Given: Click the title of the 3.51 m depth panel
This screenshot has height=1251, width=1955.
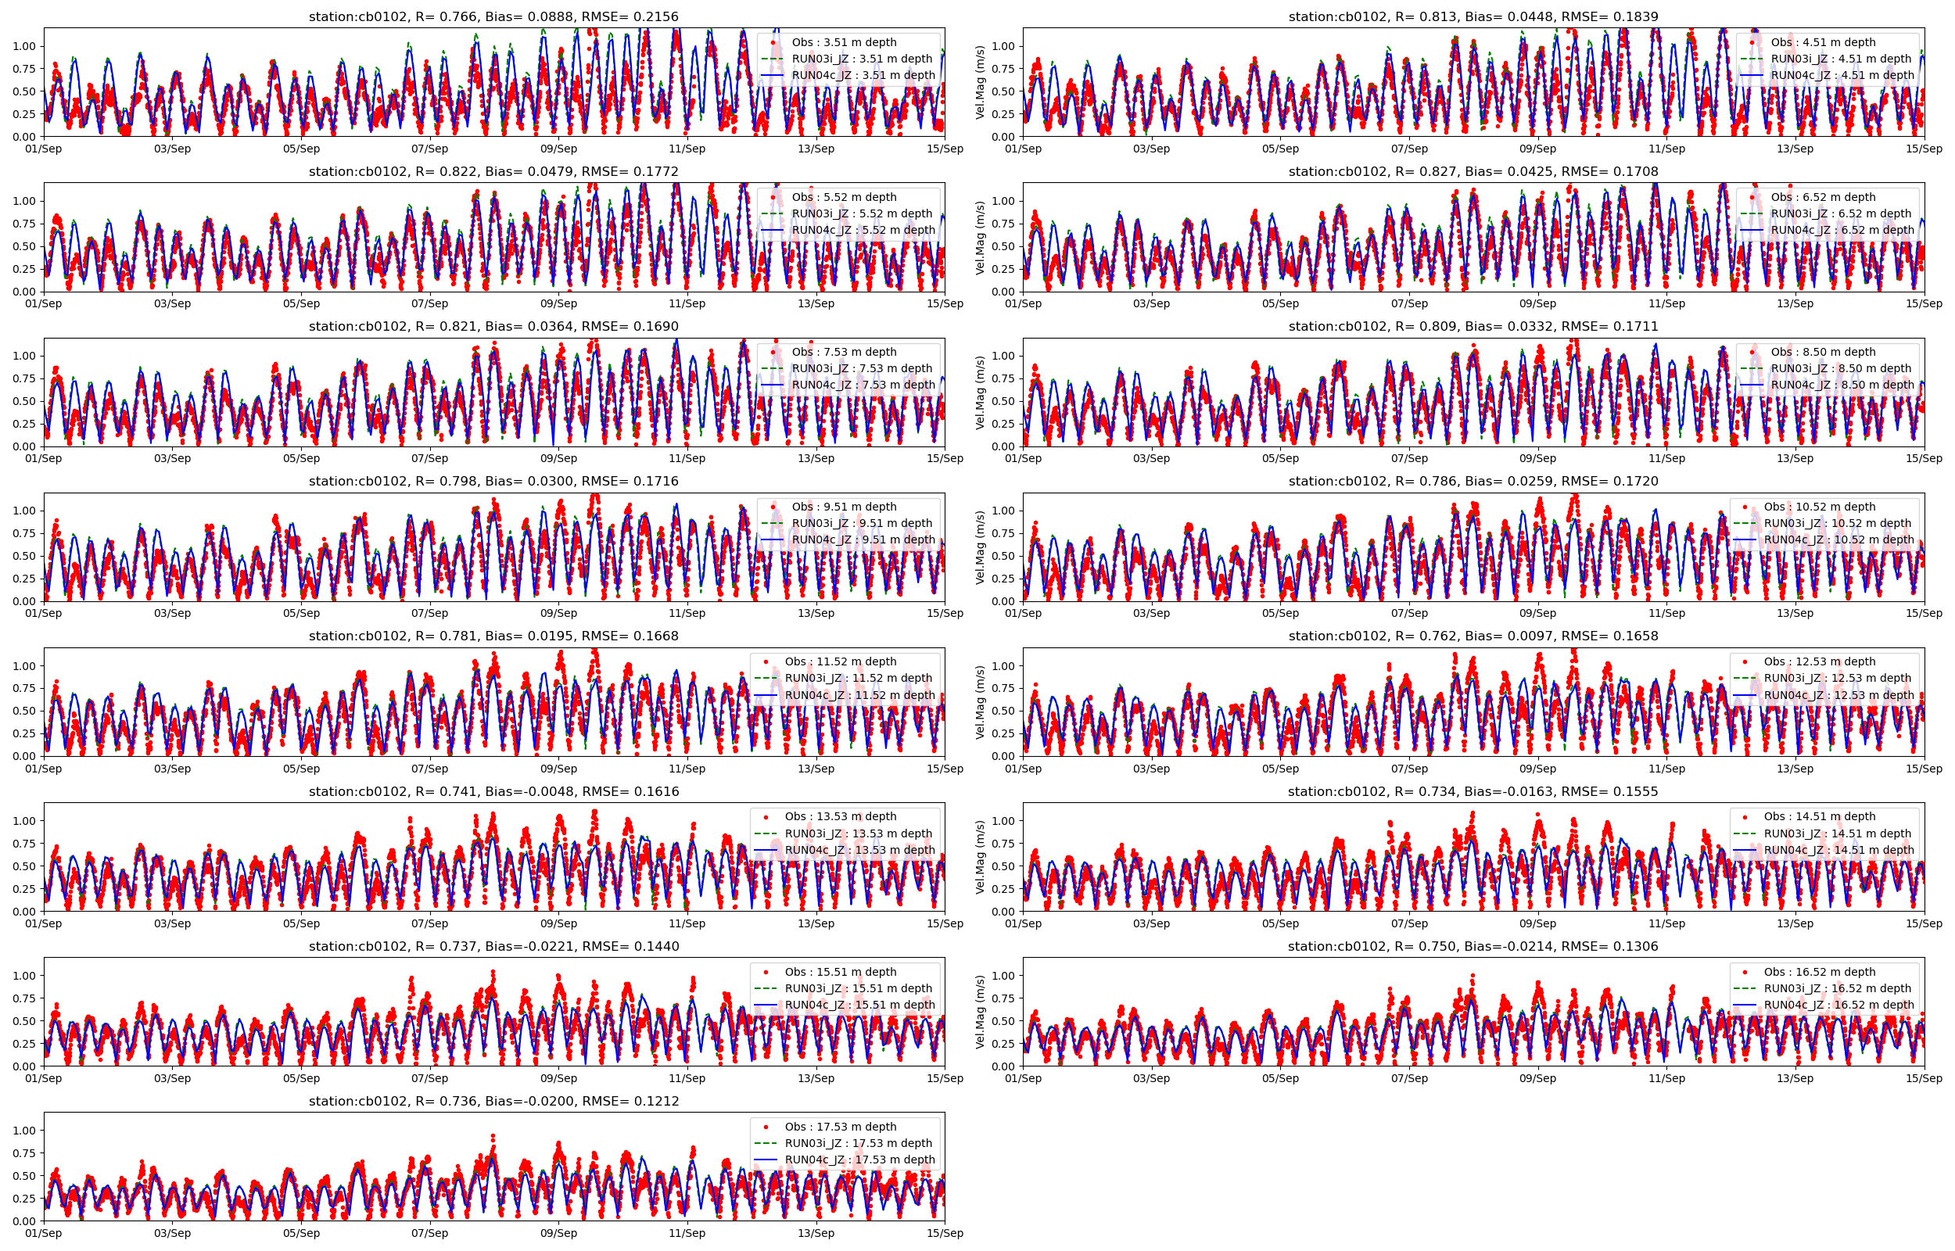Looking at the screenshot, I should click(493, 16).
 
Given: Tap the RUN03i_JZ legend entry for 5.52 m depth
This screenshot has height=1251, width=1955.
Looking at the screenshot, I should click(861, 213).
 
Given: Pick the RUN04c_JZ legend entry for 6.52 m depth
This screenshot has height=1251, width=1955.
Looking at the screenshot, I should click(1842, 230).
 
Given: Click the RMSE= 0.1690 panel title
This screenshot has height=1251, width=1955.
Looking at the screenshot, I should click(493, 327).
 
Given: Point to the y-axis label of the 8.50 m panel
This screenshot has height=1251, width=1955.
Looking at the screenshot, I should click(980, 393).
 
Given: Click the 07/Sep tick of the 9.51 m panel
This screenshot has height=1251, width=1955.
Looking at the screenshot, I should click(429, 613).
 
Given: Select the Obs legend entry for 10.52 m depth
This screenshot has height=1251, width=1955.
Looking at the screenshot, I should click(1820, 507).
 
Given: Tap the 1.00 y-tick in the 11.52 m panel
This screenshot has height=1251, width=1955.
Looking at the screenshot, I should click(24, 666).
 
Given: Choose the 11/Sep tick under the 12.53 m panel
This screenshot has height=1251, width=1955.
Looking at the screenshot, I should click(1666, 769).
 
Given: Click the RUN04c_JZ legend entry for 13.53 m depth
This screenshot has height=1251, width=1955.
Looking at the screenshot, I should click(859, 851).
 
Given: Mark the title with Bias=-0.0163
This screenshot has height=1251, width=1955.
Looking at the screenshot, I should click(1473, 791).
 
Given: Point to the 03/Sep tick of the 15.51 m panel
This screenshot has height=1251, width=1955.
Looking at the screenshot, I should click(172, 1078).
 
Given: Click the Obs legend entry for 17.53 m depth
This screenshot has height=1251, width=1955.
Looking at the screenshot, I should click(840, 1127).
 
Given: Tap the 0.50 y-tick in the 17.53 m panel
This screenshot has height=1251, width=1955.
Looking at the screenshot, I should click(24, 1176).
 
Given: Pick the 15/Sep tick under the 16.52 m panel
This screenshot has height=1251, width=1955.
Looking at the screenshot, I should click(1923, 1078).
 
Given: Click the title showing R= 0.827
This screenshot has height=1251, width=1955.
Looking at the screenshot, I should click(1473, 171).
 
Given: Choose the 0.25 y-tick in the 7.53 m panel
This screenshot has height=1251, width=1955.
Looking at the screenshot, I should click(24, 424).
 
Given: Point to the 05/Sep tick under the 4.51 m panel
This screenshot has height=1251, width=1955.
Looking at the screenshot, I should click(1280, 149).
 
